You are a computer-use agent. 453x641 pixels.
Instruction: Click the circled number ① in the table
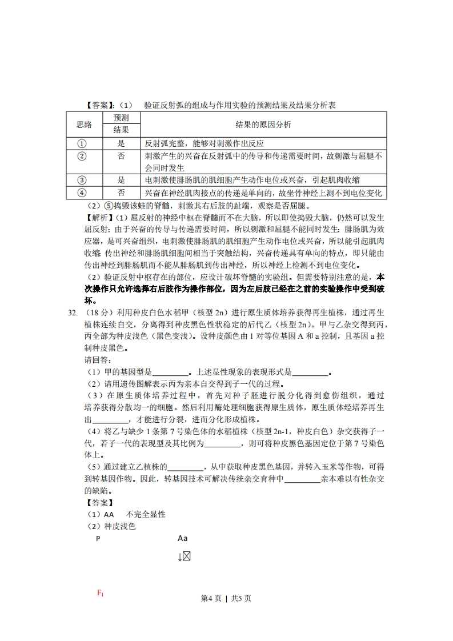[x=81, y=143]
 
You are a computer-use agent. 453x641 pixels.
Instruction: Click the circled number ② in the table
[x=81, y=156]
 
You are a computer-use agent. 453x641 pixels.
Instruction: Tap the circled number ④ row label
[x=81, y=193]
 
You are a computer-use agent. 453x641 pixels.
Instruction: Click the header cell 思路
[x=84, y=124]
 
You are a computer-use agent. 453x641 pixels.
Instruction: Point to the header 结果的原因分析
[x=263, y=124]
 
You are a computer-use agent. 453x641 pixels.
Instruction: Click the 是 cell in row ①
[x=121, y=143]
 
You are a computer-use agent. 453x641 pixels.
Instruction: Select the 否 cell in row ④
[x=121, y=193]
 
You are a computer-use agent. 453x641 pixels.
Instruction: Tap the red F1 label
[x=101, y=594]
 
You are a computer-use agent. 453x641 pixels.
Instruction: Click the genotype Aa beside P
[x=183, y=538]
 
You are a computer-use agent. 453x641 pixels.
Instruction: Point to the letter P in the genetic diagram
[x=98, y=538]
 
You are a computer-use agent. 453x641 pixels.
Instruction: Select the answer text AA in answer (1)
[x=109, y=514]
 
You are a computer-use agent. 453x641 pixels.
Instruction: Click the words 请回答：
[x=98, y=360]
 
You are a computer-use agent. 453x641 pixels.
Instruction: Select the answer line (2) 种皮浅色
[x=110, y=526]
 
